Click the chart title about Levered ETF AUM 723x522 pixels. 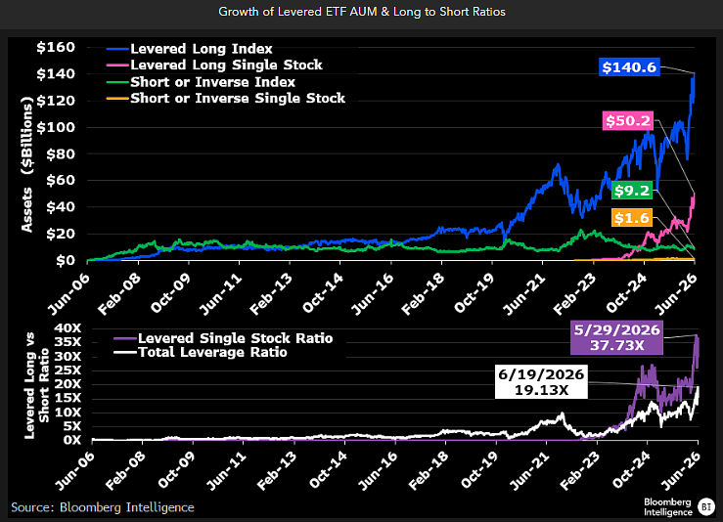(x=362, y=12)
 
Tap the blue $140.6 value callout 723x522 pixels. (x=629, y=67)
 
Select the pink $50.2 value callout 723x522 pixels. (x=628, y=120)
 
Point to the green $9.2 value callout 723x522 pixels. (x=632, y=191)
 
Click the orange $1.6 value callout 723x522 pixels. (x=632, y=217)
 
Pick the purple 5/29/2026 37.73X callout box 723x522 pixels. (x=617, y=337)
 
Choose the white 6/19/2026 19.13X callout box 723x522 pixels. (x=541, y=382)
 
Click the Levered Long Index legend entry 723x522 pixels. (x=190, y=48)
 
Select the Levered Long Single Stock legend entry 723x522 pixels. (x=214, y=65)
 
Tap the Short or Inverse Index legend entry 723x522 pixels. (x=201, y=82)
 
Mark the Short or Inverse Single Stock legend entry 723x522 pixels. (x=226, y=98)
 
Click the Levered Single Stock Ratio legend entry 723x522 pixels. (x=223, y=338)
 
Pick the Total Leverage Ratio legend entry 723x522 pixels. (x=201, y=353)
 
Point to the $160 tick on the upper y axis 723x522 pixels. (x=56, y=47)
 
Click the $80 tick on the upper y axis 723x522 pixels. (x=61, y=153)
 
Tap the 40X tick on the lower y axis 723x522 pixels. (x=68, y=328)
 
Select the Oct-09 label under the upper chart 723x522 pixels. (x=170, y=293)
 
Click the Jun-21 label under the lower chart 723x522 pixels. (x=530, y=470)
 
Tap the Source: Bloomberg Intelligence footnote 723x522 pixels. (x=103, y=507)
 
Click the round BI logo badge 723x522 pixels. (x=705, y=506)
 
